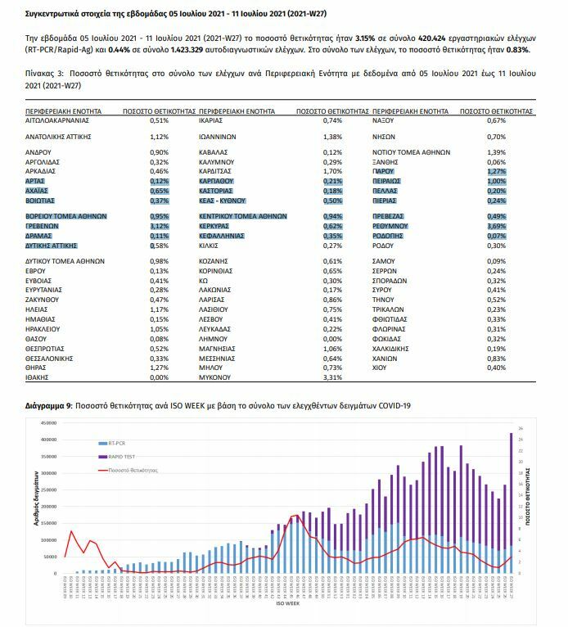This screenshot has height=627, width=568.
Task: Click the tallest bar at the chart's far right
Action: coord(512,499)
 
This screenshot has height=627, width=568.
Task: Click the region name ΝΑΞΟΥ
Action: coord(385,120)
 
